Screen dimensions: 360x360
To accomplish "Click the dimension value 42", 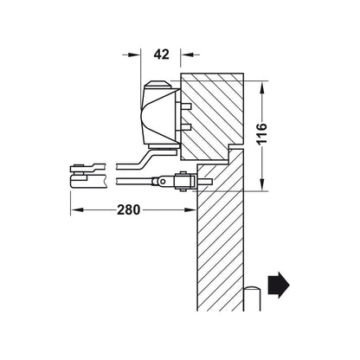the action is point(161,55).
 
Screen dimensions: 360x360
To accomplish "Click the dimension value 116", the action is point(261,134).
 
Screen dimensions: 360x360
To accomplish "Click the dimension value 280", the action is point(128,209).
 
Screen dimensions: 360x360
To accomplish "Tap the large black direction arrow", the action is point(279,285).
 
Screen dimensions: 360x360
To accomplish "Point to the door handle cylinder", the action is point(252,299).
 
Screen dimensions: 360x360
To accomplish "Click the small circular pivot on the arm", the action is point(163,182).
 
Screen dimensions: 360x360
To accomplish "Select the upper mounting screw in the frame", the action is point(186,106).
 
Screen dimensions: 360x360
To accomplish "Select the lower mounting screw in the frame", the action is point(186,127).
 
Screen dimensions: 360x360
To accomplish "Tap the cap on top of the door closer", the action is point(157,85).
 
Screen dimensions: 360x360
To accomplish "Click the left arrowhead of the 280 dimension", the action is point(77,209).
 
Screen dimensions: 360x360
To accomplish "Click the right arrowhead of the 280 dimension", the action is point(190,209).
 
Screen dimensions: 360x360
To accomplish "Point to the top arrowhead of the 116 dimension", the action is point(261,87).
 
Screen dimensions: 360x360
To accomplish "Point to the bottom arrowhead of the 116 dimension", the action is point(261,184).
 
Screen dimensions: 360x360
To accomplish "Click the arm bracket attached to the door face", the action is point(183,182).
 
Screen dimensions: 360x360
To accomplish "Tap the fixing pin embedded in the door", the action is point(205,182).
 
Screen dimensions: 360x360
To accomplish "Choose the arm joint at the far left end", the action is point(78,176).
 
